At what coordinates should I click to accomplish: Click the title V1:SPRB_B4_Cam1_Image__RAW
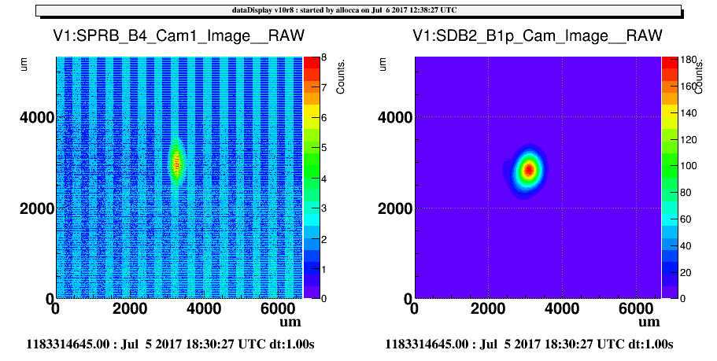(x=179, y=35)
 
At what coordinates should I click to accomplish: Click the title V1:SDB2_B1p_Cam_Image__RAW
(x=538, y=35)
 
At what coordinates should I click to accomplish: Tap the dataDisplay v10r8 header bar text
(x=344, y=10)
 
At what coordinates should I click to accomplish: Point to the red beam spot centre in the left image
(x=176, y=162)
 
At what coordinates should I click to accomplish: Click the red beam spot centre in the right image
(x=529, y=170)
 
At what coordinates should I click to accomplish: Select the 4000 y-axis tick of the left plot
(x=37, y=117)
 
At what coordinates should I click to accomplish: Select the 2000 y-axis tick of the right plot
(x=396, y=208)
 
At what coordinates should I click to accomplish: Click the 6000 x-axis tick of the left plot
(x=277, y=308)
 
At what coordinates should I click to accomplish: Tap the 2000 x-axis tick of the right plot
(x=489, y=308)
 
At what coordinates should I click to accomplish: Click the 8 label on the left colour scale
(x=323, y=57)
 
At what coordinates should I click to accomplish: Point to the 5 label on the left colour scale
(x=323, y=148)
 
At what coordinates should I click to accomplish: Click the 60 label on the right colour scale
(x=686, y=219)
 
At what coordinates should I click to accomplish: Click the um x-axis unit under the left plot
(x=290, y=322)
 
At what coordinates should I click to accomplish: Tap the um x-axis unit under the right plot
(x=649, y=322)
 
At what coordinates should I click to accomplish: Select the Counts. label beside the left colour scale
(x=340, y=77)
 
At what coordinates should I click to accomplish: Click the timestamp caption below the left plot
(x=171, y=344)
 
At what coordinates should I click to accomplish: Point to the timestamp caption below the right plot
(x=529, y=344)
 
